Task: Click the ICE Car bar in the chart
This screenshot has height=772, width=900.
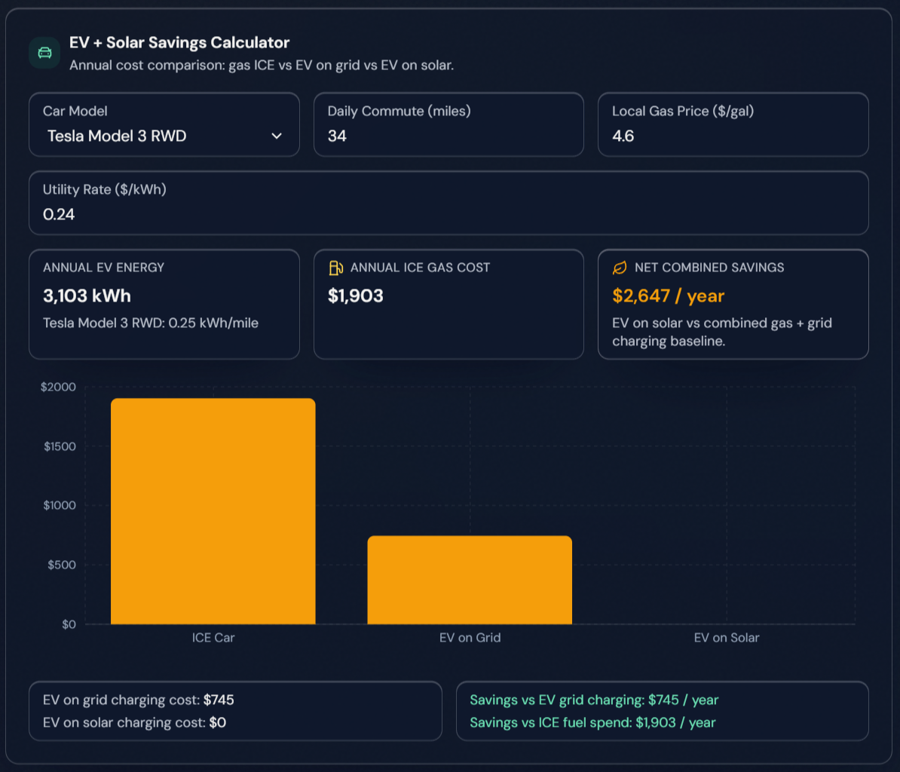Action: click(x=213, y=511)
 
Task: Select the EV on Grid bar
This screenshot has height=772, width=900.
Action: click(x=470, y=580)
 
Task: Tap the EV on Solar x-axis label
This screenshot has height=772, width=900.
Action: click(x=726, y=638)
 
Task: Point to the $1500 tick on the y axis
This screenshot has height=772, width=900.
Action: click(x=60, y=446)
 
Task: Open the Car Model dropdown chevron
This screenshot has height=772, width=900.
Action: click(x=277, y=136)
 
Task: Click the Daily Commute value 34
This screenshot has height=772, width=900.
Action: click(x=337, y=136)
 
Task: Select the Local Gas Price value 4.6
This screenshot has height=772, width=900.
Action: click(x=623, y=136)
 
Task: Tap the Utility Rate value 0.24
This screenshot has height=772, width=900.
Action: click(x=59, y=215)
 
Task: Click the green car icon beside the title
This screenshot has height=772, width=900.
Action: click(x=44, y=53)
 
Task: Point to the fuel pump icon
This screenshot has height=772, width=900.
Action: click(x=335, y=268)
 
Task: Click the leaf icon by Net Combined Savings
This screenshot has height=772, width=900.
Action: click(x=620, y=268)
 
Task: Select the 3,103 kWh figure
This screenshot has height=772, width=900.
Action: click(x=87, y=296)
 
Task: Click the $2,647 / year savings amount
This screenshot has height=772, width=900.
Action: click(x=668, y=296)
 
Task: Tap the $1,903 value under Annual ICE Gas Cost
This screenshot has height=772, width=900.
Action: click(x=355, y=296)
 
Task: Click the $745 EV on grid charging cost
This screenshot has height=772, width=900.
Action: click(x=219, y=700)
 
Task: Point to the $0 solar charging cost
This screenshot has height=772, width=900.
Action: click(x=217, y=723)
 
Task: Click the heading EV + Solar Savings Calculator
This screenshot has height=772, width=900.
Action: click(x=179, y=43)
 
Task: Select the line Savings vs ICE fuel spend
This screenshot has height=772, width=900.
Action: click(x=592, y=723)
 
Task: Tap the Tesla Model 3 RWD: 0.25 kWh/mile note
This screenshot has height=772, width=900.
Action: click(x=151, y=323)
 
